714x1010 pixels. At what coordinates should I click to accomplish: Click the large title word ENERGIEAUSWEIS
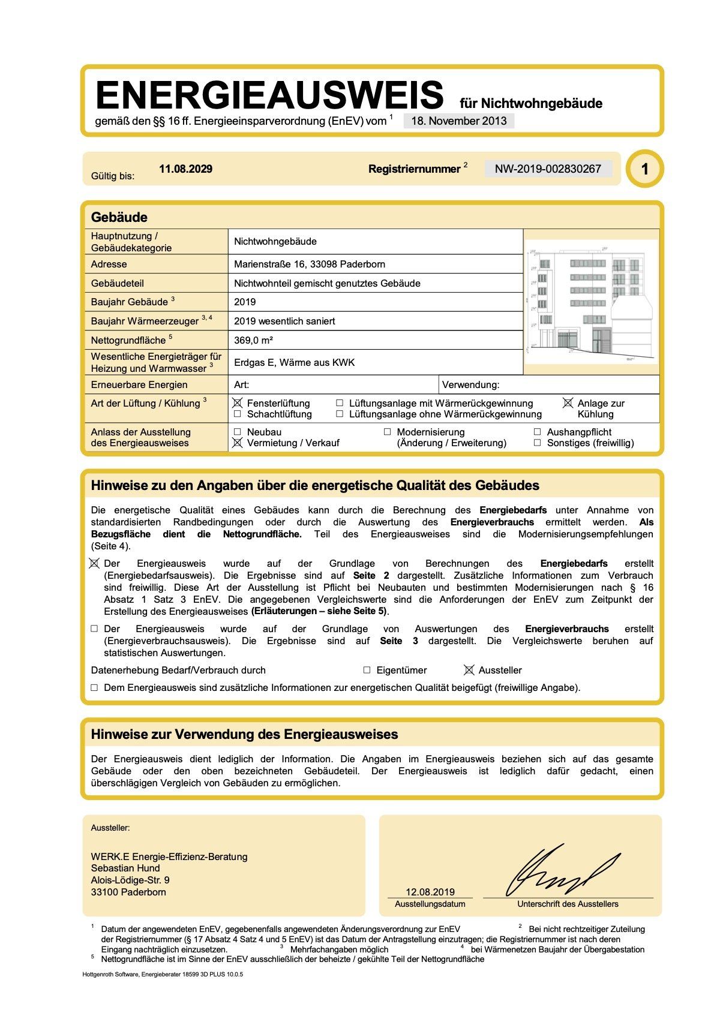pos(269,95)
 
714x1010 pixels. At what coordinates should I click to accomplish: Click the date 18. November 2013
pos(459,121)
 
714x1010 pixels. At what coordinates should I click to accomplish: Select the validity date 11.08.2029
pos(185,169)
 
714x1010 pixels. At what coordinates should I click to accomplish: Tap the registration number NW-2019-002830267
pos(548,169)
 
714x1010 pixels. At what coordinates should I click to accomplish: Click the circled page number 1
pos(644,169)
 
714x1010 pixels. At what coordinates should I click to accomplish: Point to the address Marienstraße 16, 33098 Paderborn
pos(310,264)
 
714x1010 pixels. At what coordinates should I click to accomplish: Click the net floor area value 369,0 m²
pos(253,340)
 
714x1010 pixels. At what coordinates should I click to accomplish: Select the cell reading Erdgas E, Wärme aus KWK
pos(295,362)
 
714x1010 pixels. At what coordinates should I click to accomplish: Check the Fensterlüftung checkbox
pos(238,403)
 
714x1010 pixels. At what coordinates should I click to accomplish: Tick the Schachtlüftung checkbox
pos(238,414)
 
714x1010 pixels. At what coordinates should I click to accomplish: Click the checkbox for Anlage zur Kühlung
pos(568,403)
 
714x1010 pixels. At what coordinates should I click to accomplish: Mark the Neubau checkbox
pos(238,432)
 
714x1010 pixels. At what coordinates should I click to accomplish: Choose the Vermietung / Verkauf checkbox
pos(238,443)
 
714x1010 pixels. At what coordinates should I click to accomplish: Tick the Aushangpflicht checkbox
pos(538,432)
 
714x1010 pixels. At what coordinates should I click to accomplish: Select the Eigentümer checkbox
pos(367,670)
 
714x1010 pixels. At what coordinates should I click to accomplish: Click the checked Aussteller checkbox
pos(469,670)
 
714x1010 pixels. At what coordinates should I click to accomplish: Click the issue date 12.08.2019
pos(430,892)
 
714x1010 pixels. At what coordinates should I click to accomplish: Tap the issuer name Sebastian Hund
pos(125,868)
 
